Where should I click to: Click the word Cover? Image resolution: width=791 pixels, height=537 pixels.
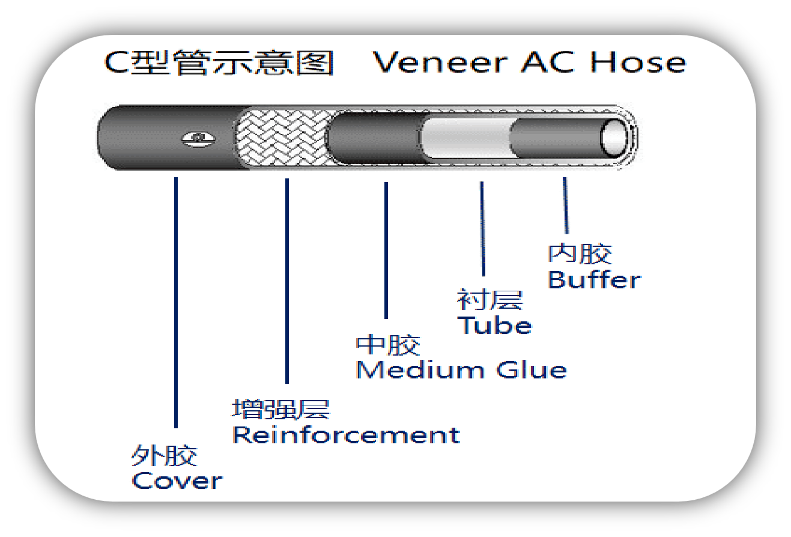tap(177, 481)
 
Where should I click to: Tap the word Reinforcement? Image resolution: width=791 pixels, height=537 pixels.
tap(346, 435)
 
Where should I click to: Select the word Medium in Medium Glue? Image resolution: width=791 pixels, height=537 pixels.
tap(420, 370)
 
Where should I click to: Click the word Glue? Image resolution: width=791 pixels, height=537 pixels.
tap(532, 370)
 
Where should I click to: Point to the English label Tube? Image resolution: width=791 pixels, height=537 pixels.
tap(494, 326)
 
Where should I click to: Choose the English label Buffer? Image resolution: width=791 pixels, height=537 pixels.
tap(594, 280)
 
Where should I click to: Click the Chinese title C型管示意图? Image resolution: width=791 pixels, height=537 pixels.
tap(219, 63)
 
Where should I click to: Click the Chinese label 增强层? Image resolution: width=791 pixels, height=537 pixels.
tap(281, 410)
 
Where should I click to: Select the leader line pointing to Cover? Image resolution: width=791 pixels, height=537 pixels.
tap(176, 300)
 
